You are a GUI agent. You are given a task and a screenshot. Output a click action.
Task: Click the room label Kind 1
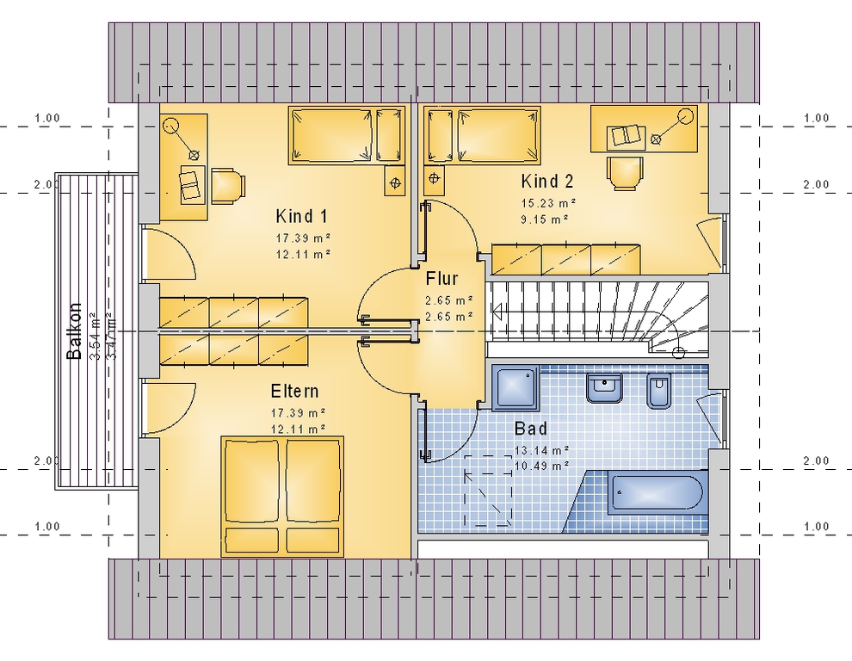coord(301,216)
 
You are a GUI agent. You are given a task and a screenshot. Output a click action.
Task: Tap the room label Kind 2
coord(547,181)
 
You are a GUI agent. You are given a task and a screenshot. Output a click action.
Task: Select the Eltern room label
coord(294,392)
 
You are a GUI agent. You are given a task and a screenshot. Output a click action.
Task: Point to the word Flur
coord(441,279)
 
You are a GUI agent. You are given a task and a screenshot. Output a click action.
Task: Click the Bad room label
coord(531,429)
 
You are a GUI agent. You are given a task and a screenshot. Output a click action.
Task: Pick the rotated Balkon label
coord(74,331)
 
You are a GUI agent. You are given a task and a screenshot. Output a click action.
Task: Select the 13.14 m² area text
coord(541,451)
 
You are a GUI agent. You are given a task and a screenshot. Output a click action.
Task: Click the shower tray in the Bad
coord(516,387)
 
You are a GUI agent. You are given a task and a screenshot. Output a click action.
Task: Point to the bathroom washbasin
coord(604,387)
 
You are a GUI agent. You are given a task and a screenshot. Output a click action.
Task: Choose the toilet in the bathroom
coord(659,390)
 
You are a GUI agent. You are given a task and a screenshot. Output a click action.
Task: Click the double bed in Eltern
coord(282,497)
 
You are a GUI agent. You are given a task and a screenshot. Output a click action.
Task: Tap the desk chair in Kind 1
coord(228,185)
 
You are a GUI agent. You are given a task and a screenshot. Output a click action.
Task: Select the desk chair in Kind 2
coord(625,173)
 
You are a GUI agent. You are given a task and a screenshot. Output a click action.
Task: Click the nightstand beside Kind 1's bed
coord(395,180)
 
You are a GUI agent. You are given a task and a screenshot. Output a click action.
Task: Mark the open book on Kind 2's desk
coord(626,136)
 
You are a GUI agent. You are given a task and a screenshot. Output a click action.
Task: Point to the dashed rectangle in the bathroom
coord(488,491)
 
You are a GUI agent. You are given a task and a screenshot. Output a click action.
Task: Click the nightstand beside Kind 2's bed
coord(434,179)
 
